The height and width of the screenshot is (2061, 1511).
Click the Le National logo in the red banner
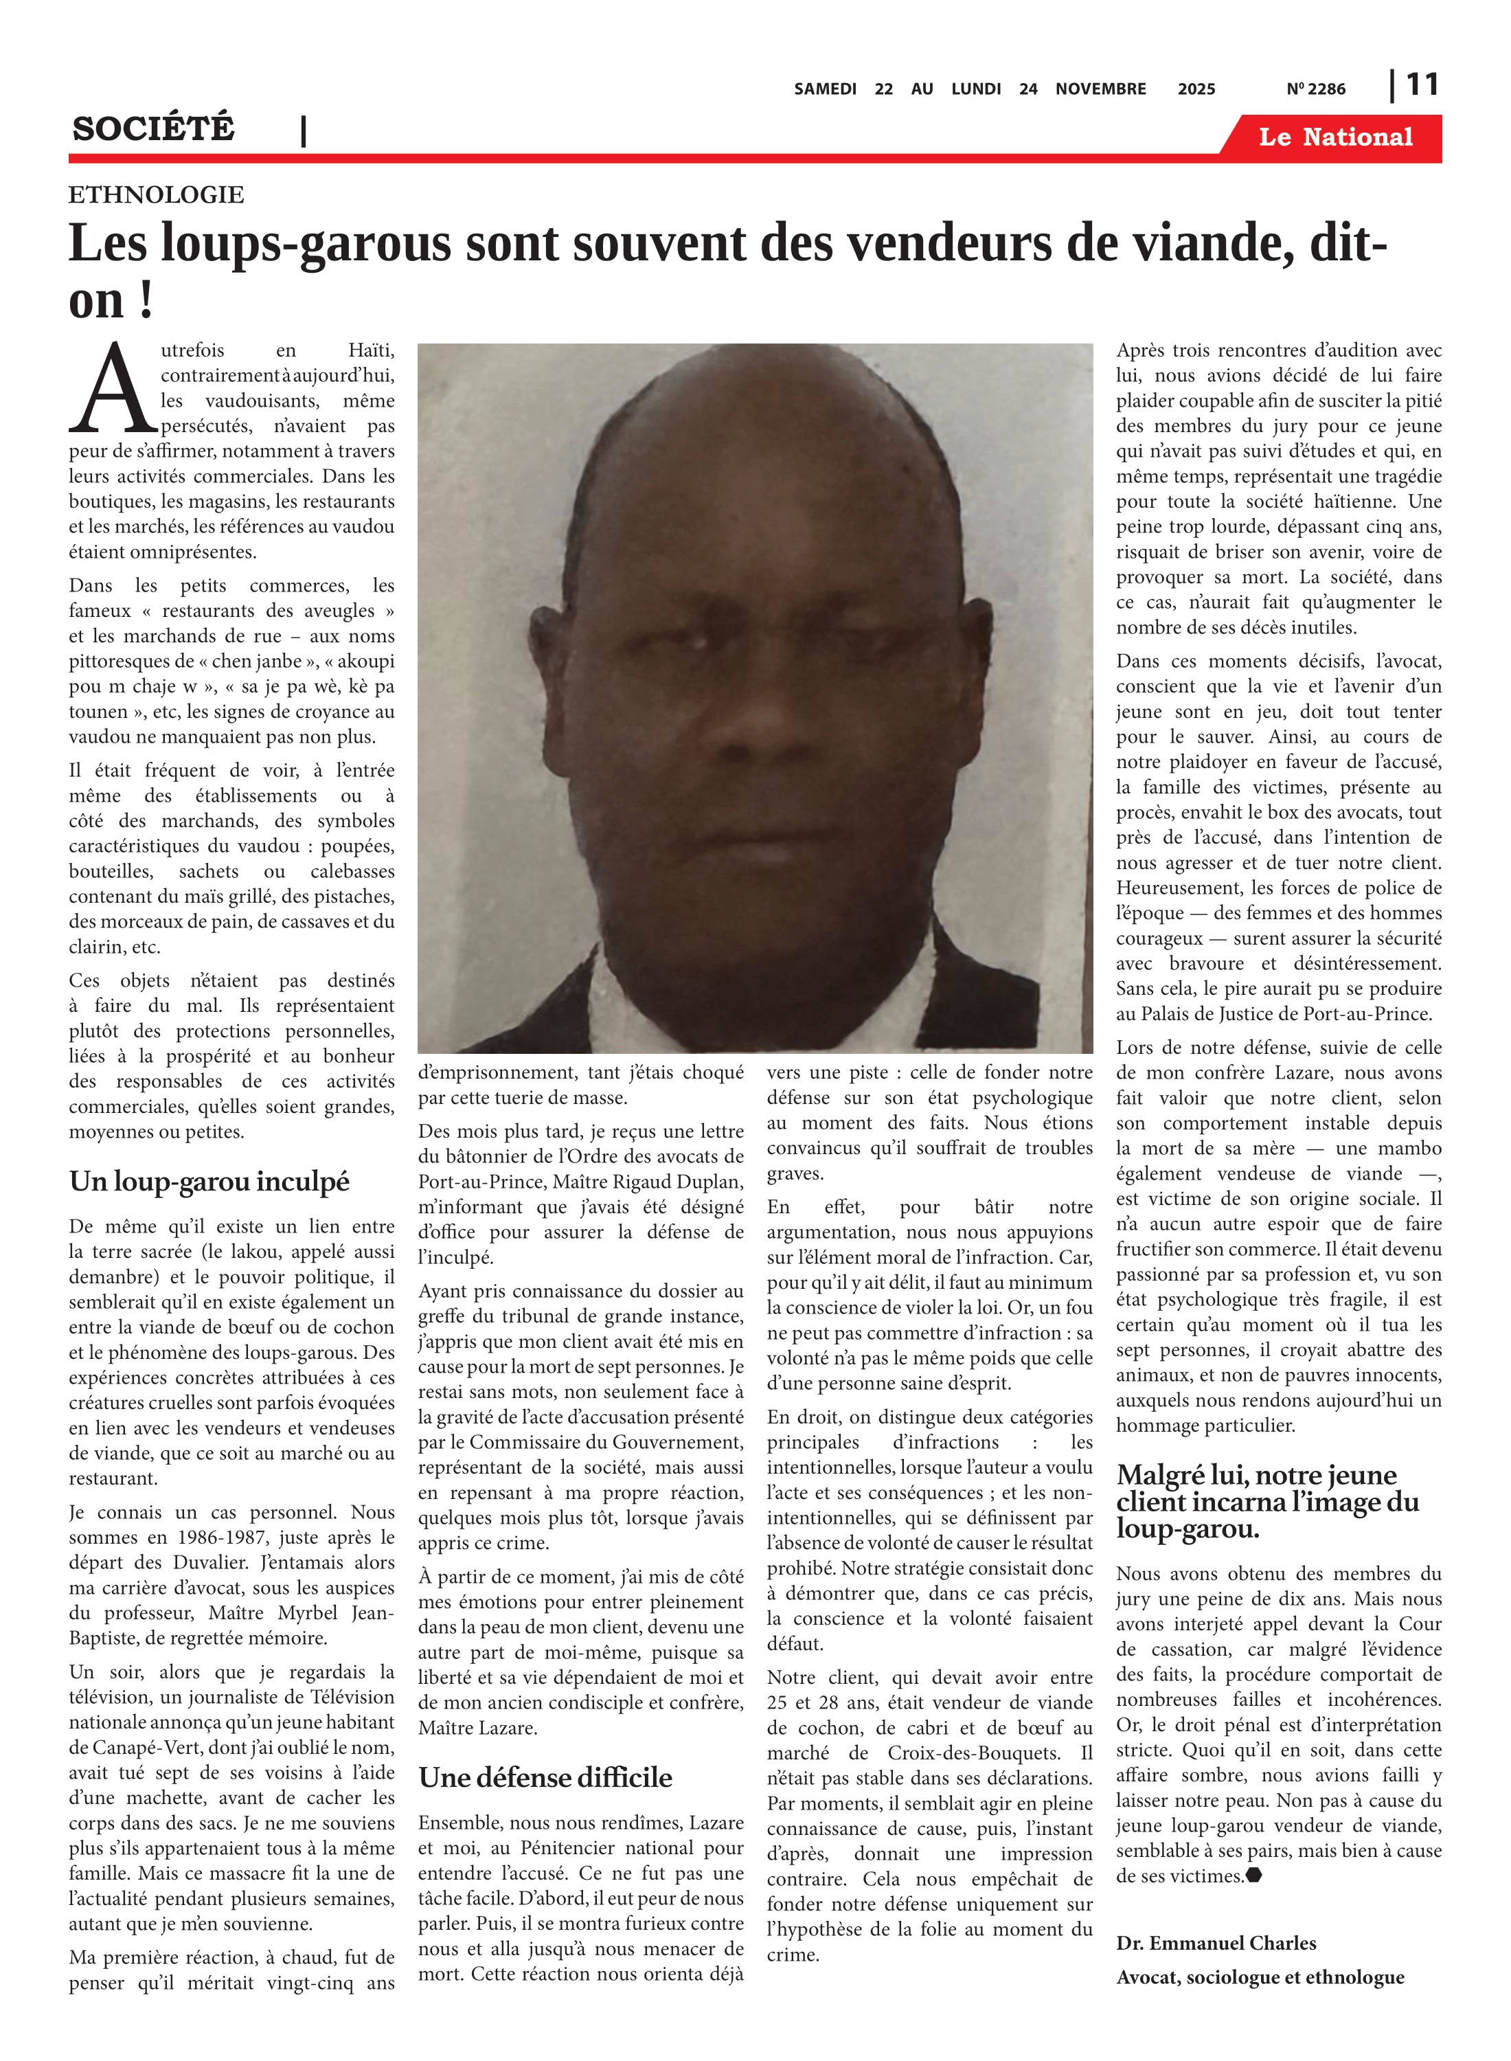click(1334, 137)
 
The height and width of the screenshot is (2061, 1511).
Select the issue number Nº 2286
click(1315, 89)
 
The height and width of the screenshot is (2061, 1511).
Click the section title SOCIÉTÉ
click(154, 129)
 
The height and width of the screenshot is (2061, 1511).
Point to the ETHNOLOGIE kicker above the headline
click(157, 195)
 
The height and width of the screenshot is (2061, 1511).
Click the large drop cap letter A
click(113, 388)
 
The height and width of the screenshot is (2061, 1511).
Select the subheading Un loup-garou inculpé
click(209, 1181)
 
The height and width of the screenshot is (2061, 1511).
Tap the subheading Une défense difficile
click(545, 1777)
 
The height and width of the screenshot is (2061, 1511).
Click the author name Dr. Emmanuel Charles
click(1216, 1943)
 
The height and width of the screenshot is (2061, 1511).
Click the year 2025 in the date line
click(1196, 89)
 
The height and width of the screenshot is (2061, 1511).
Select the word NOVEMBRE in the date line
click(1100, 89)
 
